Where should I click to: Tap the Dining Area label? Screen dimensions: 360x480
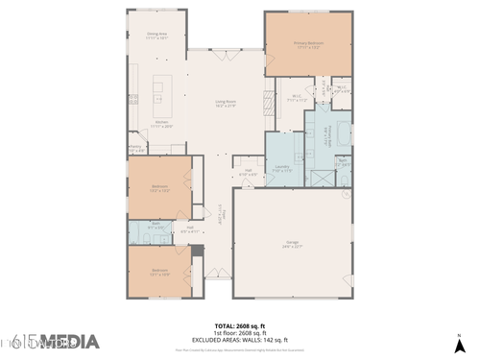click(x=157, y=35)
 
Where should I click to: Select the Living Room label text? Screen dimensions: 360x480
click(x=227, y=104)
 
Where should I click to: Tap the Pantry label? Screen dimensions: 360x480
click(x=135, y=148)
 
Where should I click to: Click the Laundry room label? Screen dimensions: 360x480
click(x=282, y=168)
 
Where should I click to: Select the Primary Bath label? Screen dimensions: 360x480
click(x=328, y=134)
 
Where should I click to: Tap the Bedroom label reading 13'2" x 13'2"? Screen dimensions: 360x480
click(x=159, y=188)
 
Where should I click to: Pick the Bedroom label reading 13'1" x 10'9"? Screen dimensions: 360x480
click(x=159, y=272)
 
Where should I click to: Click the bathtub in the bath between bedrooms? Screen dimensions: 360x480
click(x=135, y=230)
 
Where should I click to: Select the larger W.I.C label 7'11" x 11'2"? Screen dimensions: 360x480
click(x=298, y=97)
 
